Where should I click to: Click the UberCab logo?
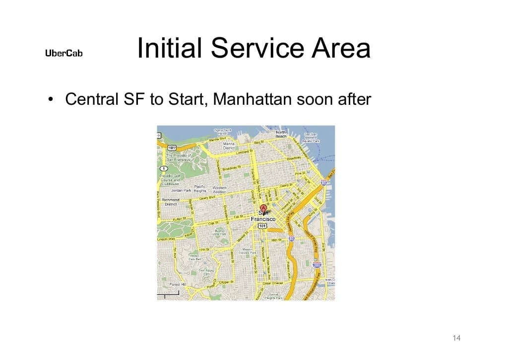click(63, 53)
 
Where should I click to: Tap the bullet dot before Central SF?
click(51, 99)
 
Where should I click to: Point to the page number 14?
click(456, 338)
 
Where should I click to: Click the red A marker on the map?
click(263, 208)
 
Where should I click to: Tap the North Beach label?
click(281, 134)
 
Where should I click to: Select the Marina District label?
click(229, 145)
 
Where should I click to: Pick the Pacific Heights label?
click(200, 189)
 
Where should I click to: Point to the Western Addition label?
click(219, 190)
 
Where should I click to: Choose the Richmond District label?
click(171, 202)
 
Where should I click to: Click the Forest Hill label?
click(178, 285)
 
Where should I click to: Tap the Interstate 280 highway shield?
click(317, 265)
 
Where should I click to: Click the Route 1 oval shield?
click(164, 169)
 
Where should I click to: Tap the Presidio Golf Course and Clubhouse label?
click(169, 179)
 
